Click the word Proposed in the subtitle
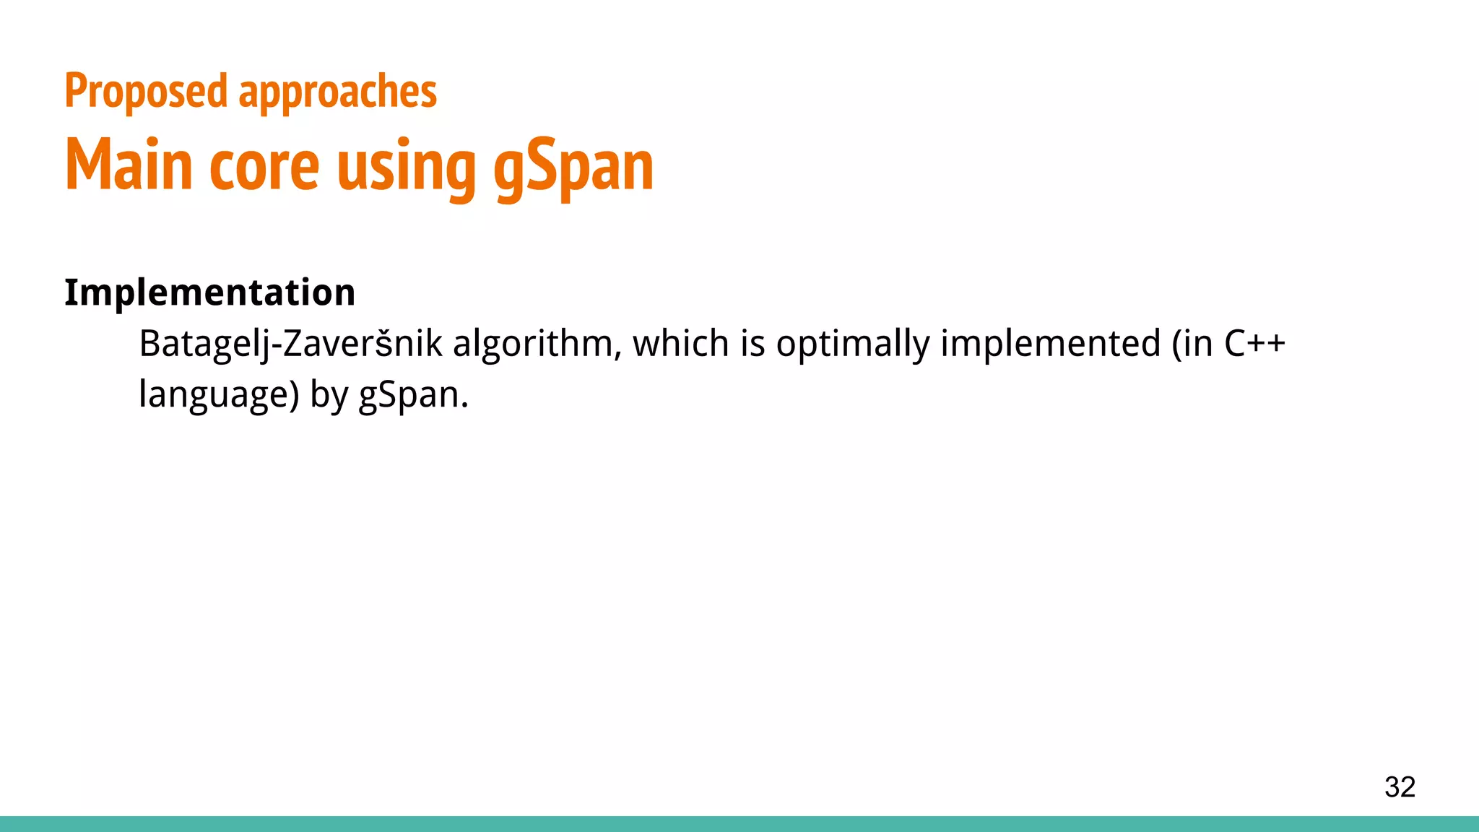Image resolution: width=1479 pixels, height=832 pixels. coord(146,92)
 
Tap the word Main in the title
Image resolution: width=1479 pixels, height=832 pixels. coord(129,165)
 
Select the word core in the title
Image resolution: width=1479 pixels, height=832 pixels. coord(264,167)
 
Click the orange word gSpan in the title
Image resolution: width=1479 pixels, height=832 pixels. coord(573,167)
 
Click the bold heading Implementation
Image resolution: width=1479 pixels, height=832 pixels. coord(209,292)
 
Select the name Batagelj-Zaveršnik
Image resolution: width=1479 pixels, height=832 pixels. coord(290,344)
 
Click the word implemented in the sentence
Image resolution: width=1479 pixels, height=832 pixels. coord(1050,344)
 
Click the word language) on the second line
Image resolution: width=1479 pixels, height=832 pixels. coord(219,396)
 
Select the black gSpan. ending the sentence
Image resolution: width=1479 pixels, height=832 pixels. coord(413,396)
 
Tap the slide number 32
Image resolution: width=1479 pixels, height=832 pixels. coord(1400,786)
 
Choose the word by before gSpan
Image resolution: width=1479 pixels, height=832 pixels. coord(329,396)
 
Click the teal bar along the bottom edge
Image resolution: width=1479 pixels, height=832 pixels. coord(739,824)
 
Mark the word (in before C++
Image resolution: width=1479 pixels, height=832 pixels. coord(1192,344)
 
